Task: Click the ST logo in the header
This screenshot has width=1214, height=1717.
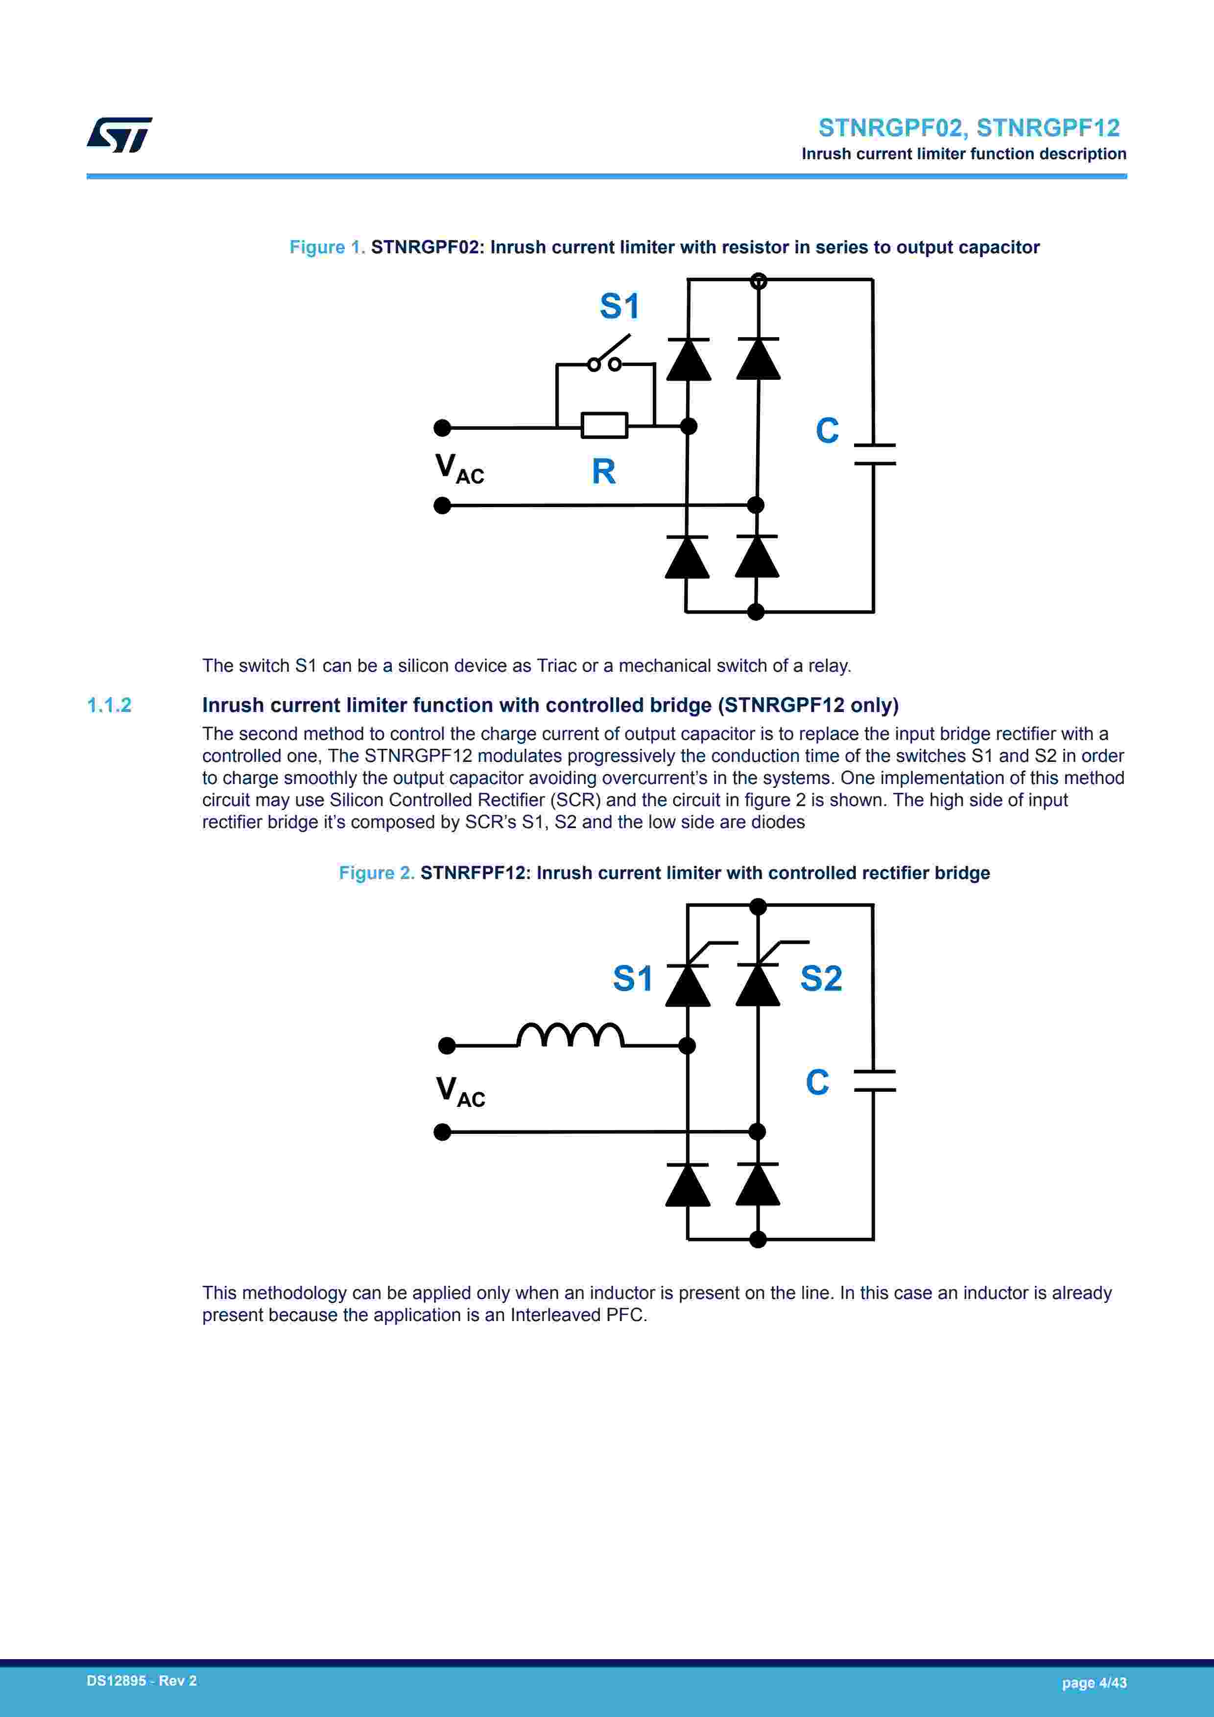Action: (x=119, y=135)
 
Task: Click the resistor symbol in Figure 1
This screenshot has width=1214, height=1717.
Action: (x=604, y=425)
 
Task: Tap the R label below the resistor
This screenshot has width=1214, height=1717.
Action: (x=603, y=472)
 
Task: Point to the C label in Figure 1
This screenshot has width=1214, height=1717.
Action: (x=827, y=431)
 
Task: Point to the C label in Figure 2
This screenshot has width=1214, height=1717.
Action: (x=817, y=1082)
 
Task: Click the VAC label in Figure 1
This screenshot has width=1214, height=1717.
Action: (x=459, y=469)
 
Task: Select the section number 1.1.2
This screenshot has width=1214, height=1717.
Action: (x=109, y=705)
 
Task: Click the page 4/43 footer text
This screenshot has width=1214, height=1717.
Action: (x=1094, y=1683)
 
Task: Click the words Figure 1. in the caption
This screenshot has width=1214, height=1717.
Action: (x=327, y=247)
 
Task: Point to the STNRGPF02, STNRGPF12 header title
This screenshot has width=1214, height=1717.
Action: (x=969, y=128)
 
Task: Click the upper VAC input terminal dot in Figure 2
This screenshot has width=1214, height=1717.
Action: (x=447, y=1046)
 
